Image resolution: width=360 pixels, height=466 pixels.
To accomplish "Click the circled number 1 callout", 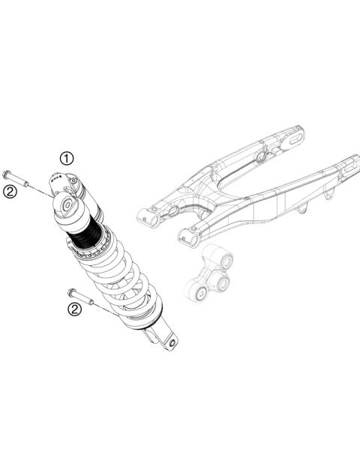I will coord(67,158).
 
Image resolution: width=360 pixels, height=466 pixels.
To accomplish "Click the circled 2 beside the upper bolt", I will coord(10,192).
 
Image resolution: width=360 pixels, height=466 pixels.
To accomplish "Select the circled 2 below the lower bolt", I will coord(74,309).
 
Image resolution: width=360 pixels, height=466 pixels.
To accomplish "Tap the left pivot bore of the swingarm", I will coord(146,217).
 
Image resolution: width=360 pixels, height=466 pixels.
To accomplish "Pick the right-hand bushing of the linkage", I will coord(221,283).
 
